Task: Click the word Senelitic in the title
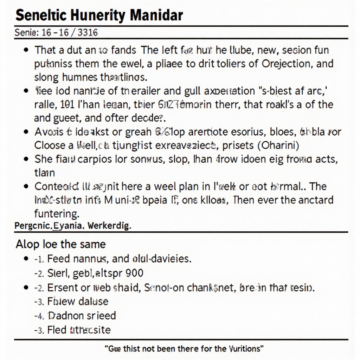coord(38,15)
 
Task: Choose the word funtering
coord(56,213)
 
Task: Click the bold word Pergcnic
coord(32,226)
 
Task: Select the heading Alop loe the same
coord(60,244)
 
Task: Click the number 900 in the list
coord(135,273)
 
